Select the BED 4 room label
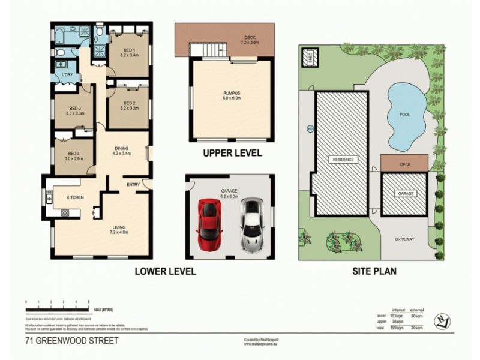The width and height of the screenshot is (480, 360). point(74,153)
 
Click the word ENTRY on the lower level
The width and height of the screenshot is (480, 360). point(133,184)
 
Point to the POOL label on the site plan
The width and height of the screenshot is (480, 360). point(404,114)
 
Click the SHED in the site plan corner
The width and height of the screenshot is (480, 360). point(311,59)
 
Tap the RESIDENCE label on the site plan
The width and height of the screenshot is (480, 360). point(342,160)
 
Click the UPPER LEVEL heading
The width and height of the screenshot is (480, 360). point(232,154)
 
